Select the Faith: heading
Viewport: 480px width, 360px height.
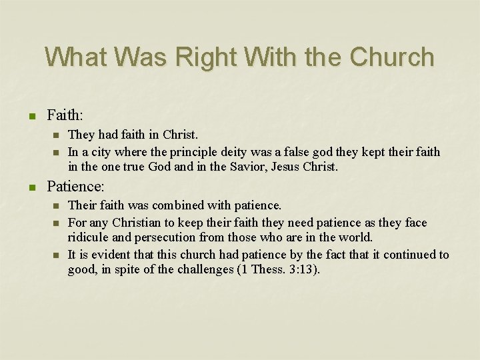[x=65, y=115]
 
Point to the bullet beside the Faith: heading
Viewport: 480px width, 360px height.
[x=32, y=116]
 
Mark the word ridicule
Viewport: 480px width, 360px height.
[x=89, y=238]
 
